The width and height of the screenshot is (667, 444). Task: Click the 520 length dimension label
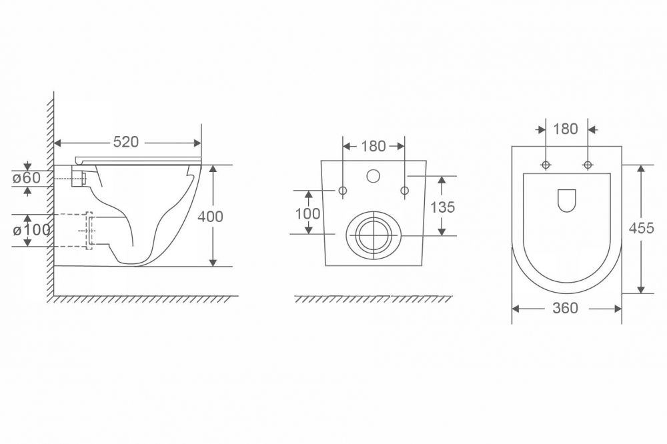pos(126,142)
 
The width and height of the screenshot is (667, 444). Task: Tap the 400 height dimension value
pos(210,217)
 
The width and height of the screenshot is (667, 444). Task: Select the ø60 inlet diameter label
pos(27,177)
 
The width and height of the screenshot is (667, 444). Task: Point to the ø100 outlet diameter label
pos(31,230)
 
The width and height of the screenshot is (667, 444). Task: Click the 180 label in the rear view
pos(374,146)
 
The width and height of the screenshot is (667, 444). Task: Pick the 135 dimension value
pos(442,207)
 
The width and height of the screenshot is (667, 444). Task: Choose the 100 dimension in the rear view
pos(307,213)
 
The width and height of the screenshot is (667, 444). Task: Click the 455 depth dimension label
pos(642,229)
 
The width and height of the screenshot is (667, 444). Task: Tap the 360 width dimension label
pos(566,308)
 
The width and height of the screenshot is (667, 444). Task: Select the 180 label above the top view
pos(566,129)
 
